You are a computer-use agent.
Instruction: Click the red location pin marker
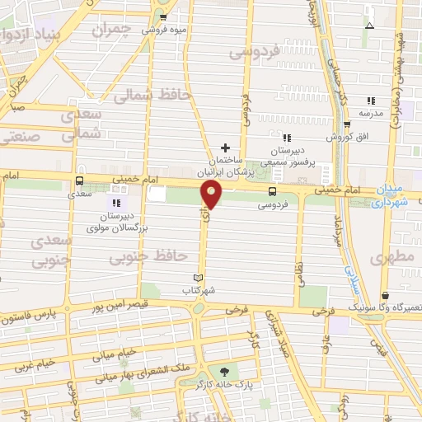coord(212,195)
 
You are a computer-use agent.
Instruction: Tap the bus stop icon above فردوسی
coord(272,191)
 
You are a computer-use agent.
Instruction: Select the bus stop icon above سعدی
coord(80,181)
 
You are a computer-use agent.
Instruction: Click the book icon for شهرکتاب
coord(197,278)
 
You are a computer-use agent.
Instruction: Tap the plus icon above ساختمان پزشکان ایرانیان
coord(224,148)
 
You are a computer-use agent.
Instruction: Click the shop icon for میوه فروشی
coord(163,16)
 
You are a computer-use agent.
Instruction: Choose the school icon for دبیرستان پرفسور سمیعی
coord(287,138)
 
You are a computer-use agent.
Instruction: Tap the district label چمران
coord(112,31)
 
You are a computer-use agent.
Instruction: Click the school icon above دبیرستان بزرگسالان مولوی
coord(115,203)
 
